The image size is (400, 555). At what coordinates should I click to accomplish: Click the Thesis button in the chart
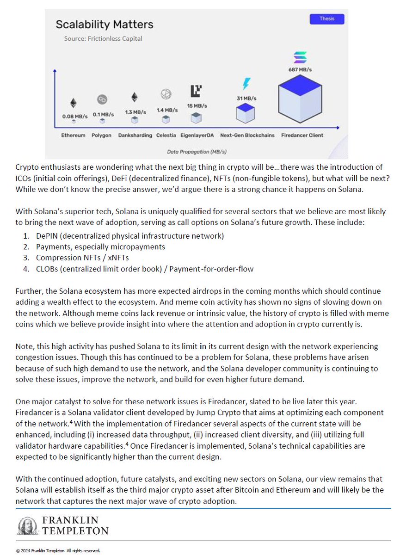326,19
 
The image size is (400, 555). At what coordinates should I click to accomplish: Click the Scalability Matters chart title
105,24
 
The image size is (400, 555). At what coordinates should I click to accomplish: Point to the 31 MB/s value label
246,98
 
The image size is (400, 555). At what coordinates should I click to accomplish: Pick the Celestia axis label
166,136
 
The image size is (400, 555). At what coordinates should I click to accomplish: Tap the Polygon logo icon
102,99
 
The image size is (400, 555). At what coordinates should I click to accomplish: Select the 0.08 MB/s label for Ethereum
75,117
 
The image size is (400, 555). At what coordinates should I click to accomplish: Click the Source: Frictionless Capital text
103,39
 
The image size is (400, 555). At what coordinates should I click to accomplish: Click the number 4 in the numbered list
26,269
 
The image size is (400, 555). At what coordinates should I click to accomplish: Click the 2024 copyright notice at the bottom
58,550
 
